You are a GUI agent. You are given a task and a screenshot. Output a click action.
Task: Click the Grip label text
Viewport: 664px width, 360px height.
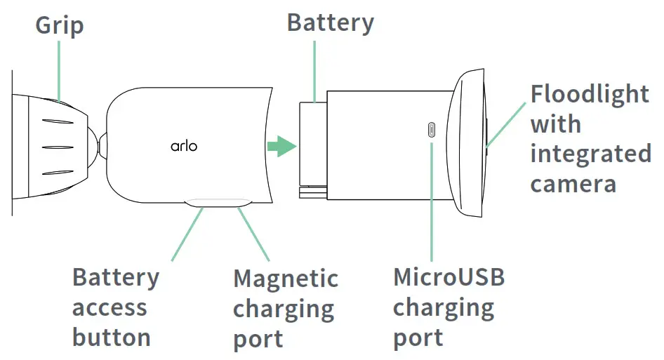(x=60, y=26)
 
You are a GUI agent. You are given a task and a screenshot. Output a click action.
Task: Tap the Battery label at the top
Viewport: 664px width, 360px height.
(x=330, y=22)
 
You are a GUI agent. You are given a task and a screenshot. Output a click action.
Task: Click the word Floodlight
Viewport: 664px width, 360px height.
(x=590, y=94)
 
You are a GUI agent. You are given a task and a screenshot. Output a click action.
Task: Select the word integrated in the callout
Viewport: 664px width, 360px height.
(x=590, y=154)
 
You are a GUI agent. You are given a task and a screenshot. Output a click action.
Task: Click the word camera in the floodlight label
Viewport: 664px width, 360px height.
(x=573, y=184)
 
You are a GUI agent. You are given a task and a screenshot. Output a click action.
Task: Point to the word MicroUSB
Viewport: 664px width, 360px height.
(x=449, y=277)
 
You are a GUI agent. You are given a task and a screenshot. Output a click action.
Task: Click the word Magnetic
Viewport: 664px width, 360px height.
(x=286, y=279)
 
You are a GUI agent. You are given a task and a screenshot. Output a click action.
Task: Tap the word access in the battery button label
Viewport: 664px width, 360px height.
(x=109, y=307)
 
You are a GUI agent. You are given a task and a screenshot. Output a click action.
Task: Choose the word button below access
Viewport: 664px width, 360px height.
(x=112, y=338)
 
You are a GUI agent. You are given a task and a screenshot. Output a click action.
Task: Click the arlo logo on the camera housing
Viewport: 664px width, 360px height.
(x=184, y=146)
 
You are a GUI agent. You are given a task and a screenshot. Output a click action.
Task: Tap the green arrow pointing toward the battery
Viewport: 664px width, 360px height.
(x=282, y=147)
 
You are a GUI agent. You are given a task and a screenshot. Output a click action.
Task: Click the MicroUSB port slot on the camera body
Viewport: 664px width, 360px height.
(x=431, y=130)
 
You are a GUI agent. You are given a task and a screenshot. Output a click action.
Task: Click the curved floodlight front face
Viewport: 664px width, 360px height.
(x=470, y=146)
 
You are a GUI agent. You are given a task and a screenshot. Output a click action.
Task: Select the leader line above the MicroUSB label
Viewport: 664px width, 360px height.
(x=431, y=204)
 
